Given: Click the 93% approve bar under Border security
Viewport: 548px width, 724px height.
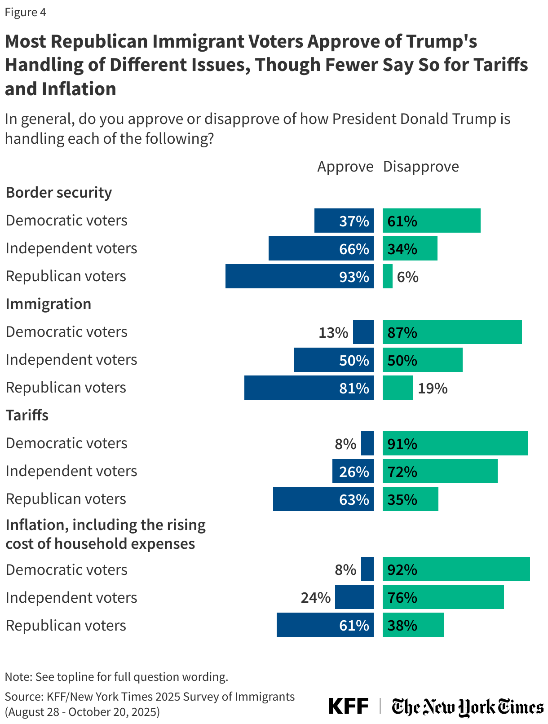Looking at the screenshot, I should point(300,276).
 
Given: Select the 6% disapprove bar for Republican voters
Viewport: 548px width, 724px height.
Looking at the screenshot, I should point(387,276).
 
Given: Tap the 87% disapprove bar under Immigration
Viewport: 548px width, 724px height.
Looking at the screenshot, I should point(452,332).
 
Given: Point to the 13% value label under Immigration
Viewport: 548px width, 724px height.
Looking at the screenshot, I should point(333,333).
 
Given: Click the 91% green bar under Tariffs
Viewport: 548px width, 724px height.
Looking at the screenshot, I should point(455,443).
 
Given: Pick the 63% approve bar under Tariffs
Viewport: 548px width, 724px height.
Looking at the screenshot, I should point(323,499).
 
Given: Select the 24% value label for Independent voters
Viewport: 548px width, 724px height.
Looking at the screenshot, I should point(315,598).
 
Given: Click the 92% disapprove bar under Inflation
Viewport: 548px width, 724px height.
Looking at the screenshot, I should point(456,569).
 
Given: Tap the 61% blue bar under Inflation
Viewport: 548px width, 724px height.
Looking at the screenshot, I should point(325,625).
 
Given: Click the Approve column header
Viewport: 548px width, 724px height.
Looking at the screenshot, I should point(345,167).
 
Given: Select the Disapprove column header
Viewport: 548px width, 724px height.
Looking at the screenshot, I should point(421,167).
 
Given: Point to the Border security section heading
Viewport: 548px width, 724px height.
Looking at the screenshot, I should point(59,193).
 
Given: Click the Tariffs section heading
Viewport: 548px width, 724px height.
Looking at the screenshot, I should point(27,415).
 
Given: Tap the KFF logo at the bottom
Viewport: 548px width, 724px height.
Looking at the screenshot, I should point(348,706).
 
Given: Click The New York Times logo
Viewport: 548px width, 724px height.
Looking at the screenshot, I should point(467,707).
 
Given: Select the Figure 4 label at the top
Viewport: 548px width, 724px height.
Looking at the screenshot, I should point(26,13).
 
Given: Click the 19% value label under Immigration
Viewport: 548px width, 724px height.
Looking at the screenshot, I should point(433,388).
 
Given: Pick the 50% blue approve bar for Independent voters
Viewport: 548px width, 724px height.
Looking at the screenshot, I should point(333,360).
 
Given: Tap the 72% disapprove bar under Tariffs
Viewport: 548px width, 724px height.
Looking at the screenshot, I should point(440,471).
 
